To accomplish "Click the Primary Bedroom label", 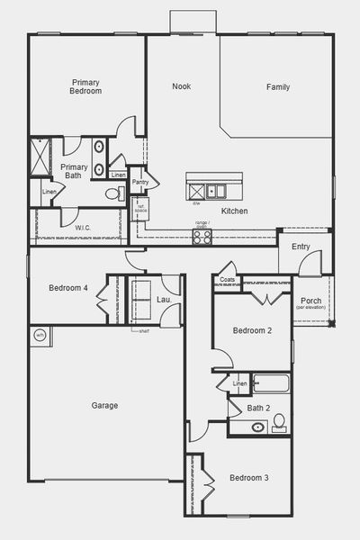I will pyautogui.click(x=85, y=86).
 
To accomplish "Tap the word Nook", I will pyautogui.click(x=182, y=87).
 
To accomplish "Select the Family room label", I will pyautogui.click(x=277, y=87).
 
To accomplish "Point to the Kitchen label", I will pyautogui.click(x=234, y=211).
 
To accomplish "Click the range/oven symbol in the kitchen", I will pyautogui.click(x=202, y=238).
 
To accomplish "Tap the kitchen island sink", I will pyautogui.click(x=216, y=190).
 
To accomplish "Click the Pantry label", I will pyautogui.click(x=140, y=183).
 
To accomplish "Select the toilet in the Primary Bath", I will pyautogui.click(x=114, y=193).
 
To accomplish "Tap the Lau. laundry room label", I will pyautogui.click(x=164, y=299).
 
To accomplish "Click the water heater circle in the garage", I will pyautogui.click(x=40, y=335).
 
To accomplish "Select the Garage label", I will pyautogui.click(x=104, y=406).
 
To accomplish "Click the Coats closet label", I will pyautogui.click(x=227, y=280).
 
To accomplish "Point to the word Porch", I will pyautogui.click(x=311, y=301).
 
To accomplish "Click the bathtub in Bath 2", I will pyautogui.click(x=270, y=384).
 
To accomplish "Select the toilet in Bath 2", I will pyautogui.click(x=278, y=420).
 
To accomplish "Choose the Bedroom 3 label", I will pyautogui.click(x=248, y=477).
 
